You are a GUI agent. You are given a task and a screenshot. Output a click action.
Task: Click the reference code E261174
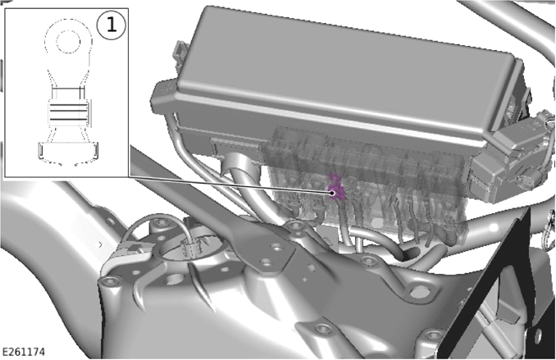tap(24, 352)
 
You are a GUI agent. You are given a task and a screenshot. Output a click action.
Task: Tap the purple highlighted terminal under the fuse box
tap(335, 187)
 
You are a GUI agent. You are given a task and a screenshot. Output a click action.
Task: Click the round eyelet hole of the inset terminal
tap(69, 41)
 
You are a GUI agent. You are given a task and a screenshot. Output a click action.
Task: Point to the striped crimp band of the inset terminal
tap(69, 112)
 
